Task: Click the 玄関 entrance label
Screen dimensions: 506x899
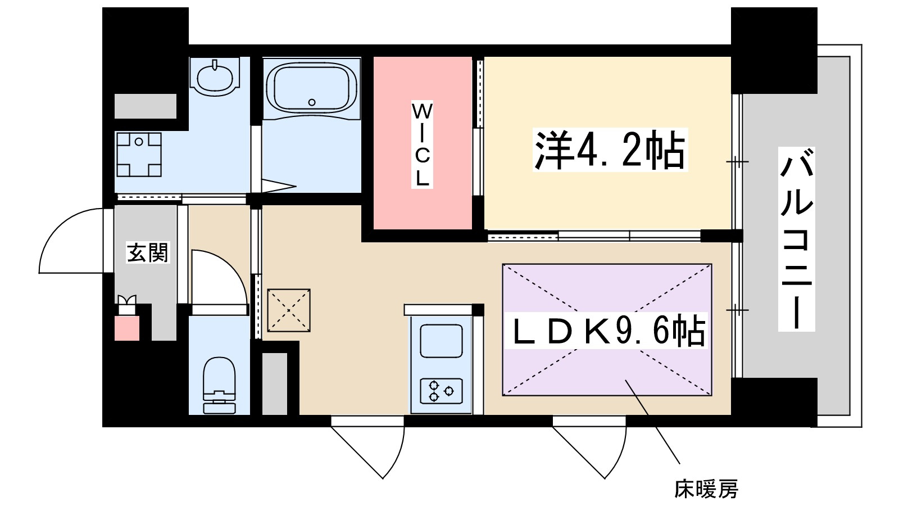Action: coord(147,252)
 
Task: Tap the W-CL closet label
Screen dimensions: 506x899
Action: coord(422,144)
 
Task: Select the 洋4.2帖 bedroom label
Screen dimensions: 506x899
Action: coord(610,150)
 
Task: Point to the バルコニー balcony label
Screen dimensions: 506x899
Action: coord(796,238)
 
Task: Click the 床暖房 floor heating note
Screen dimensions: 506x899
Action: coord(706,489)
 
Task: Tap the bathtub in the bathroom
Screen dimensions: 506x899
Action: coord(312,87)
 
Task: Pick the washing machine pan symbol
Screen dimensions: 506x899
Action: coord(138,155)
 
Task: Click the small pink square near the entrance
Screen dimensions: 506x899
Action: coord(127,328)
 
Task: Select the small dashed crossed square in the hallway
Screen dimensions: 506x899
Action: coord(289,310)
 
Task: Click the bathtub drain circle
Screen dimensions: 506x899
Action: coord(312,102)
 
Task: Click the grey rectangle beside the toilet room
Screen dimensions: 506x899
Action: coord(275,383)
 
